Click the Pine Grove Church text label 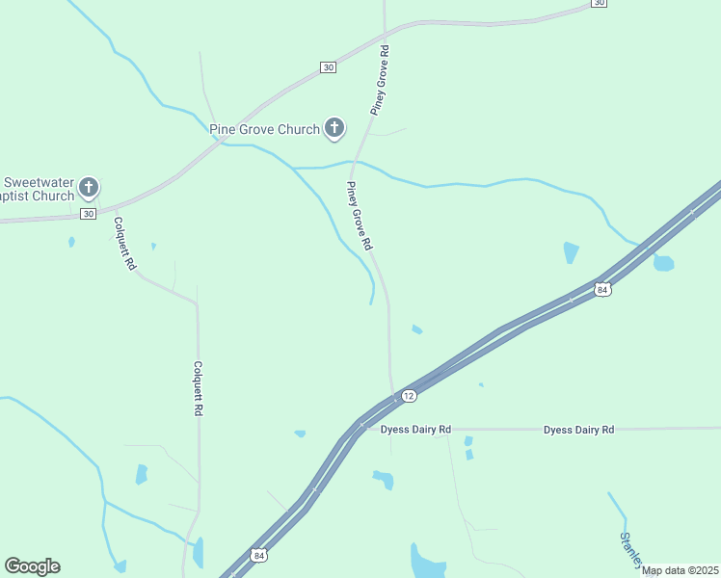pyautogui.click(x=264, y=129)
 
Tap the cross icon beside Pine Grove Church pyautogui.click(x=334, y=127)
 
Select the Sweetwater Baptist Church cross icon pyautogui.click(x=89, y=188)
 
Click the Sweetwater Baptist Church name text pyautogui.click(x=39, y=189)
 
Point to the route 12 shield pyautogui.click(x=409, y=396)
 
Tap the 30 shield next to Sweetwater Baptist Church pyautogui.click(x=88, y=213)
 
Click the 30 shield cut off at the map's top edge pyautogui.click(x=599, y=4)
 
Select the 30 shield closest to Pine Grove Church pyautogui.click(x=329, y=66)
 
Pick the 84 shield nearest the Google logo pyautogui.click(x=257, y=555)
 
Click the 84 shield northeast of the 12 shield pyautogui.click(x=602, y=289)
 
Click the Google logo pyautogui.click(x=32, y=566)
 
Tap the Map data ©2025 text pyautogui.click(x=680, y=570)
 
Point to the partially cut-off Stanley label pyautogui.click(x=630, y=548)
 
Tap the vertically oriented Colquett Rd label pyautogui.click(x=197, y=388)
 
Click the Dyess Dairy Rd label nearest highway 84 pyautogui.click(x=415, y=430)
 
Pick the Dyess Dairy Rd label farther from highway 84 pyautogui.click(x=578, y=430)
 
